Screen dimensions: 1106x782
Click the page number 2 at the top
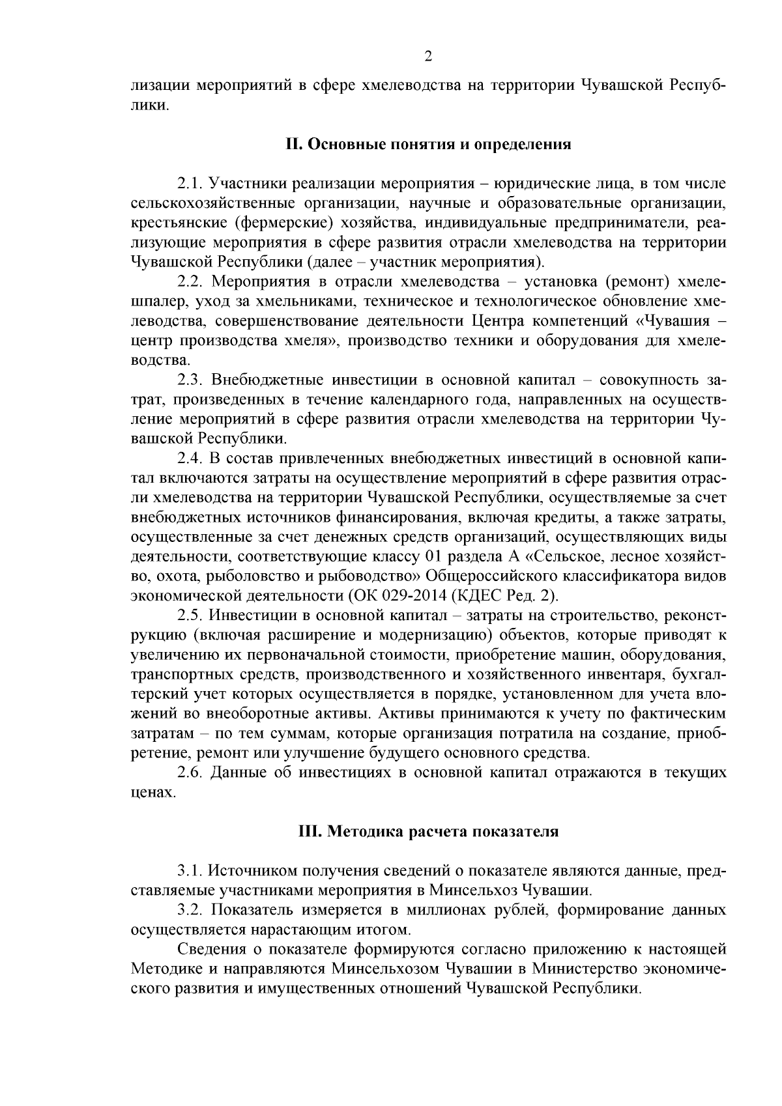point(428,57)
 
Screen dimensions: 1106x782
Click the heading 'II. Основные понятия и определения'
point(428,144)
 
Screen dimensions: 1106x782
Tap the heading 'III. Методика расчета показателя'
point(428,832)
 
